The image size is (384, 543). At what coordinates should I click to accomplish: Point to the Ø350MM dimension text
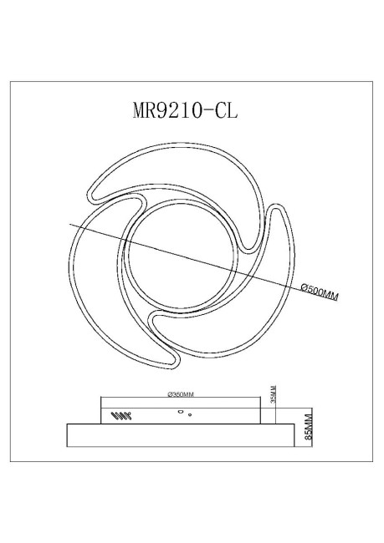coord(181,393)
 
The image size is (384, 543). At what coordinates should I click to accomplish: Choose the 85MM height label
coord(307,427)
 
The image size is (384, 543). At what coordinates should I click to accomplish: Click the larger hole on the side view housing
coord(180,411)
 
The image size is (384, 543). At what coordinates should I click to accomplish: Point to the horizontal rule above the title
coord(192,82)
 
